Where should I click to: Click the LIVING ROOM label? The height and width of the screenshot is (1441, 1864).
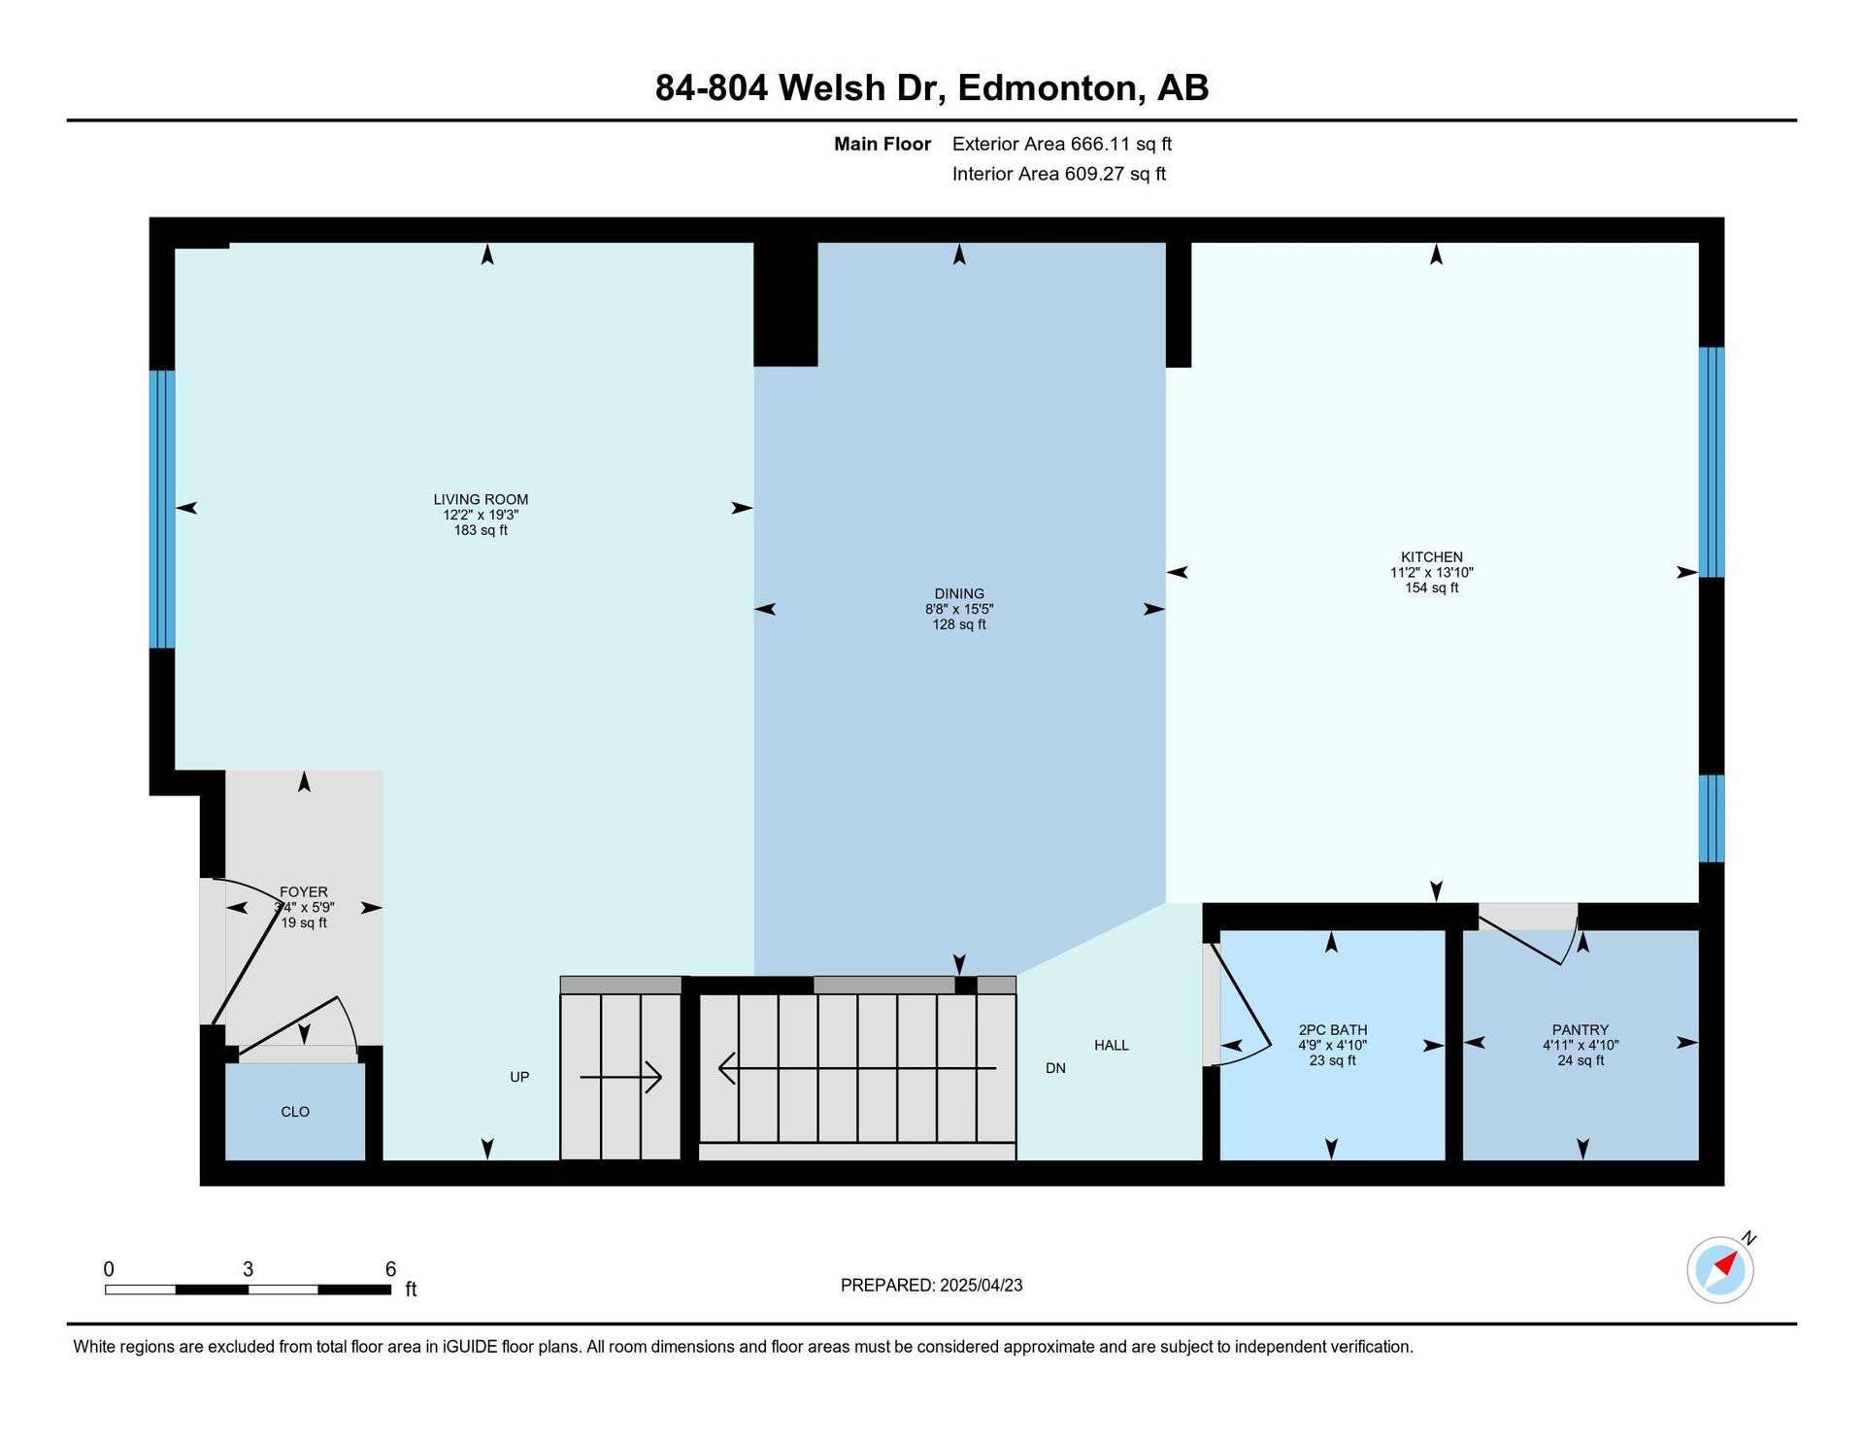coord(481,499)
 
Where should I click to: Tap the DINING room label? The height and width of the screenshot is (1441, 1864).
coord(959,593)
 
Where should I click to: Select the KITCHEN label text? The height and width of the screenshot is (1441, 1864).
coord(1432,556)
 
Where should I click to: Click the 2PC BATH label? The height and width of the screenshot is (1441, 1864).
coord(1333,1029)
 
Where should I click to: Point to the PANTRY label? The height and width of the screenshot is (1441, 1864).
coord(1581,1029)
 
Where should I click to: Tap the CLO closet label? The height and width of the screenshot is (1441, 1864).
coord(295,1112)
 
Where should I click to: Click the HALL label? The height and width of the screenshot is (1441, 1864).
coord(1112,1045)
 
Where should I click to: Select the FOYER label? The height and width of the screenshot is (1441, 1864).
coord(304,891)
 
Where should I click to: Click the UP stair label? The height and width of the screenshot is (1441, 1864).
coord(519,1077)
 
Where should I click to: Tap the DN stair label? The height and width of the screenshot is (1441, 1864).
coord(1055,1068)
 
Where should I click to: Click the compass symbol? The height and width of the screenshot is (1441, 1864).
coord(1721,1269)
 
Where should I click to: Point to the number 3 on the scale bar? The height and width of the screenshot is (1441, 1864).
coord(249,1269)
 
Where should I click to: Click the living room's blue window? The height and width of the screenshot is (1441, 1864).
coord(162,509)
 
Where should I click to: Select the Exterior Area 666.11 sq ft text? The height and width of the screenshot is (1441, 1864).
coord(1062,144)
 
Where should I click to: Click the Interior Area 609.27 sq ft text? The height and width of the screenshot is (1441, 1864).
coord(1059,174)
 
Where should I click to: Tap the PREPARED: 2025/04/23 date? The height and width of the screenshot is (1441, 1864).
coord(931,1285)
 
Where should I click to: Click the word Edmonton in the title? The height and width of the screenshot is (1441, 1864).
coord(1047,87)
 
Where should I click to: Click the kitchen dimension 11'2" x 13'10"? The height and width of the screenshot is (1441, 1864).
coord(1432,572)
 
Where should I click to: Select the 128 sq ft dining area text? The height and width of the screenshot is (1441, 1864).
coord(959,624)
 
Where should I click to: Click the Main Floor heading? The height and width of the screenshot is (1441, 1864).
coord(882,144)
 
